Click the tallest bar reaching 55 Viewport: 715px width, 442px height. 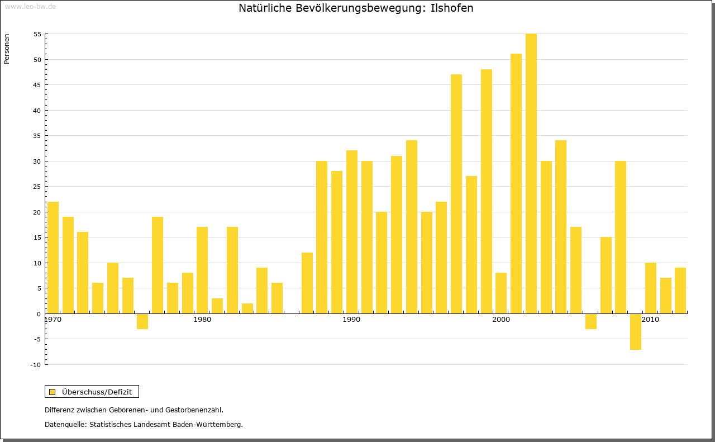point(531,173)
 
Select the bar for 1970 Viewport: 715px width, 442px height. point(53,257)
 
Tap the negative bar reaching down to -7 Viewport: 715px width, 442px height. point(636,331)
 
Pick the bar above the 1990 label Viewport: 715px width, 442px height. point(352,232)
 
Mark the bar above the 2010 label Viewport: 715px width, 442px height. point(651,288)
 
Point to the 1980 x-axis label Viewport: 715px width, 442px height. point(202,320)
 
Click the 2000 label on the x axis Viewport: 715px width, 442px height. point(501,320)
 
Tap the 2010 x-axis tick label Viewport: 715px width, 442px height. point(650,320)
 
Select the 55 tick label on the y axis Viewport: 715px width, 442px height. point(37,34)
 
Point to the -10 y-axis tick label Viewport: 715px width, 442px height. point(36,365)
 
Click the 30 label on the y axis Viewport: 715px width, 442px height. point(37,161)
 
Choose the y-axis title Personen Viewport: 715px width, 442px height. point(7,49)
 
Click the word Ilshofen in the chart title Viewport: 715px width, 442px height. point(452,8)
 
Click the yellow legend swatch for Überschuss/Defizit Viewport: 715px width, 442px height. point(53,392)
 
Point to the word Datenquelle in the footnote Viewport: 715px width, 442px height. point(65,425)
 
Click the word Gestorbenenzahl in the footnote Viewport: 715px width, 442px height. point(191,410)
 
